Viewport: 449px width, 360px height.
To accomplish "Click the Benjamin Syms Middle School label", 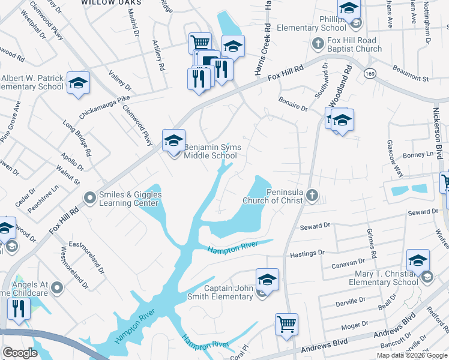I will click(x=210, y=151).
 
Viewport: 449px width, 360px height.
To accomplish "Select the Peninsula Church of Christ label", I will click(x=273, y=196).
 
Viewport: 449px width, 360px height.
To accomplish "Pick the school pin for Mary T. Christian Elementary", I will click(x=418, y=260).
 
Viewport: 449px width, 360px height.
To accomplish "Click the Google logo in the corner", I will click(x=20, y=352).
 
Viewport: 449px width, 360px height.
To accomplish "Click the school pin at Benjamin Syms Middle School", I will click(x=173, y=140).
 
